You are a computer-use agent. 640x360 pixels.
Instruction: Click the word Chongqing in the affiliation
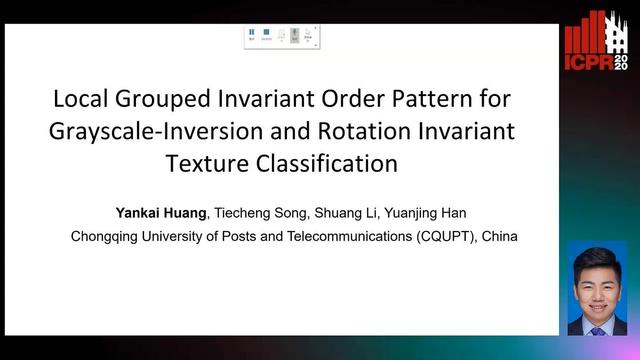click(x=107, y=237)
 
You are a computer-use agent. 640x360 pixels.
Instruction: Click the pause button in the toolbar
click(x=252, y=33)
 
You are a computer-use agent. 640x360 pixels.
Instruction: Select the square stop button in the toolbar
click(x=266, y=33)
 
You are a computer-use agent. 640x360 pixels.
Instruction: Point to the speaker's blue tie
click(x=597, y=326)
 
